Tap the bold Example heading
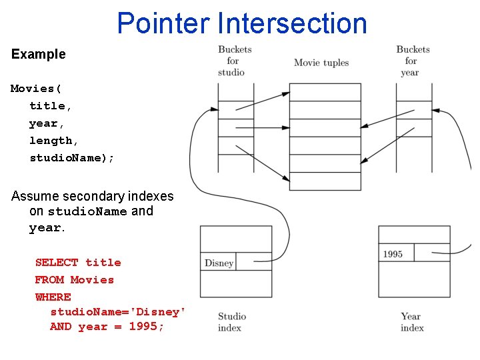pos(39,55)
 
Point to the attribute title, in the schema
pos(51,106)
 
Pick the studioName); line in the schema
pos(72,158)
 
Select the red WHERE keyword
pos(53,297)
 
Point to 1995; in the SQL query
pos(147,327)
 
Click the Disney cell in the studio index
pos(219,263)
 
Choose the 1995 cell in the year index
pos(393,254)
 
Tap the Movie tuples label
pos(321,63)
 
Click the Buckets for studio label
pos(234,61)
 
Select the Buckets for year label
pos(412,61)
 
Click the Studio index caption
pos(231,322)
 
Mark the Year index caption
pos(411,322)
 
